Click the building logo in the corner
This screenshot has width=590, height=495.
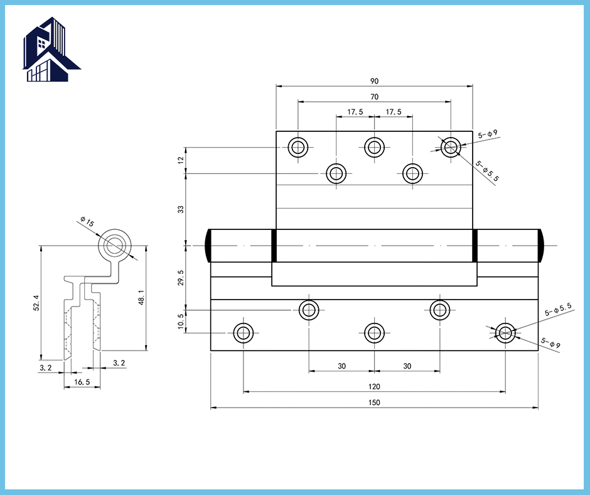(x=51, y=50)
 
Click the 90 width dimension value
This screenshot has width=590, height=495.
(x=374, y=81)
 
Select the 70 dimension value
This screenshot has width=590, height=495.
(x=374, y=97)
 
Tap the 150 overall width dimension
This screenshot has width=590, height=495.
(x=374, y=402)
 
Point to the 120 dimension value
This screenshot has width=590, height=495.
(x=374, y=386)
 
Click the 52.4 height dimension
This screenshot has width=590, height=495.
(x=36, y=303)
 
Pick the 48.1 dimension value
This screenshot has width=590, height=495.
(x=141, y=298)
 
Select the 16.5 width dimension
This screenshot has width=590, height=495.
(x=82, y=382)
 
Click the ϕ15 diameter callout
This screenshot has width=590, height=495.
(x=87, y=222)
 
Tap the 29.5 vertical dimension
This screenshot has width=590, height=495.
(x=181, y=278)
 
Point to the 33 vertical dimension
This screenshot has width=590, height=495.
(x=181, y=209)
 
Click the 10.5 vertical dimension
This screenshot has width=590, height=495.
(x=181, y=322)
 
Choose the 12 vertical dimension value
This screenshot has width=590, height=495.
(x=181, y=160)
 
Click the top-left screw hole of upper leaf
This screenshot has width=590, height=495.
(x=298, y=147)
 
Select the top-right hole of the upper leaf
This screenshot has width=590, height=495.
(x=451, y=147)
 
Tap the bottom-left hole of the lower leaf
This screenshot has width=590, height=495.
(x=244, y=333)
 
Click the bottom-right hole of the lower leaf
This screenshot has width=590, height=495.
(x=505, y=333)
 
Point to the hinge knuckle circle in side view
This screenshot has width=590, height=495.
(x=114, y=246)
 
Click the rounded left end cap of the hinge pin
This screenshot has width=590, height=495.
(x=208, y=246)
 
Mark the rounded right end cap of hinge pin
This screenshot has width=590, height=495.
(x=540, y=246)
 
